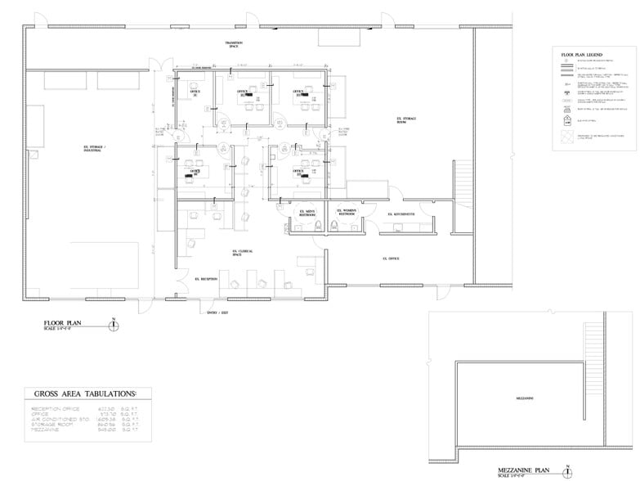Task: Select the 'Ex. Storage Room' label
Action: tap(406, 121)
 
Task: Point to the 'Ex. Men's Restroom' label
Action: tap(307, 213)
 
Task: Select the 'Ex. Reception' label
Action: tap(206, 279)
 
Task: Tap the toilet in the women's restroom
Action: tap(336, 225)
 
